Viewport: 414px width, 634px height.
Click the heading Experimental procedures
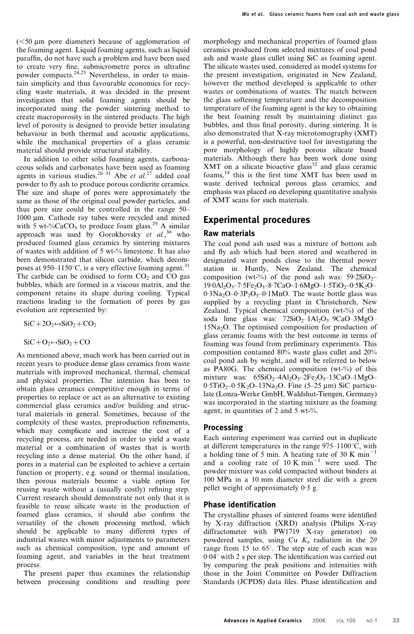coord(257,220)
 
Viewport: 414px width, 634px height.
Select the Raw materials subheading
coord(229,234)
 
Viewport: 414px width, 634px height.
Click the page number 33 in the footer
coord(396,621)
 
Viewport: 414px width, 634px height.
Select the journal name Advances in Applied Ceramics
coord(262,621)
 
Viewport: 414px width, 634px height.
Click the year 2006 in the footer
coord(319,621)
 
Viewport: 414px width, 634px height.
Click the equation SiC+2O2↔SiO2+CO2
coord(60,324)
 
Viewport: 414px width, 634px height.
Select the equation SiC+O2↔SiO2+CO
coord(57,342)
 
